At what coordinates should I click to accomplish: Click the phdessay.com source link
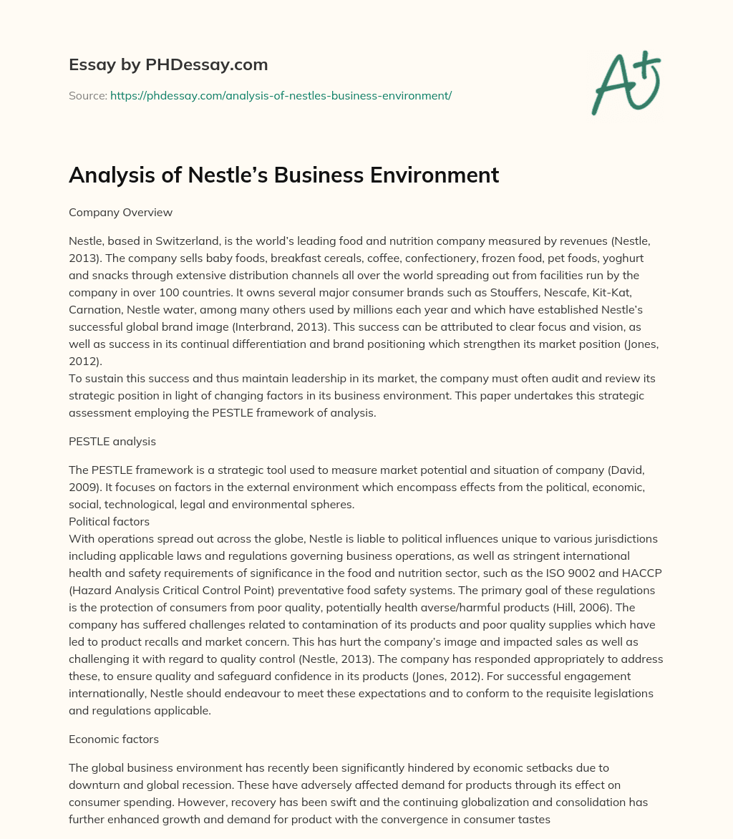pyautogui.click(x=281, y=95)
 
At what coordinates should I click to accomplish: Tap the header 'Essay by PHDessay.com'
pyautogui.click(x=168, y=65)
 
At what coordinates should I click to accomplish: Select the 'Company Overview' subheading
pyautogui.click(x=121, y=213)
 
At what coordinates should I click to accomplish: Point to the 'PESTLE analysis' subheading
pyautogui.click(x=112, y=442)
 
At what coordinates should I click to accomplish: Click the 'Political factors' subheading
pyautogui.click(x=109, y=522)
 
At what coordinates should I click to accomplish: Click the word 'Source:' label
pyautogui.click(x=87, y=95)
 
